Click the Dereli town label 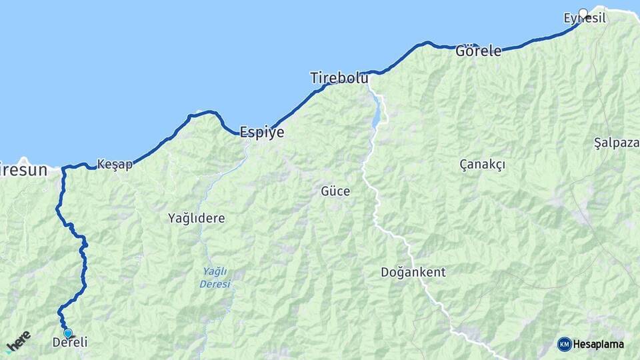[x=69, y=343]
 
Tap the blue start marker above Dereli [x=67, y=333]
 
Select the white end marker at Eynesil [x=583, y=13]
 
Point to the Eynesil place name [x=585, y=19]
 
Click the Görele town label [x=478, y=51]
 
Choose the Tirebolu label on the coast [x=339, y=78]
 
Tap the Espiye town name [x=261, y=133]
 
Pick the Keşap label [x=115, y=164]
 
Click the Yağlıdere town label [x=197, y=218]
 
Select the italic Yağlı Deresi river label [x=215, y=277]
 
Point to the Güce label [x=335, y=191]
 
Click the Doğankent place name [x=413, y=272]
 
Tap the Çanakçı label [x=483, y=164]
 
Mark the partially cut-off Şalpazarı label [x=617, y=143]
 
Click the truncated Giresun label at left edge [x=24, y=170]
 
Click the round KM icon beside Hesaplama [x=565, y=344]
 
